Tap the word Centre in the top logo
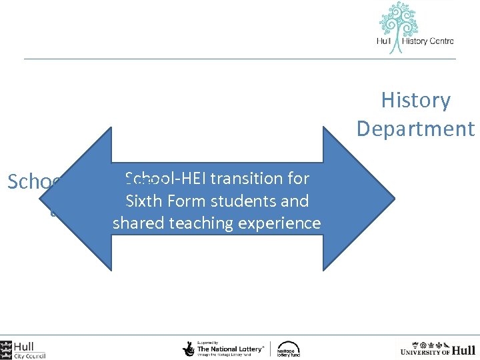click(x=438, y=41)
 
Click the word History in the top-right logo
click(x=413, y=41)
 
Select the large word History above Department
click(x=415, y=100)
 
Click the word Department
click(x=415, y=129)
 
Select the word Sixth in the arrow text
click(x=141, y=201)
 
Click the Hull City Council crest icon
click(x=6, y=349)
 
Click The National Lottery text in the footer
click(x=229, y=349)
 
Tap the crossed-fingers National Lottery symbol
click(x=189, y=349)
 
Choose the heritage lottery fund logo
click(x=289, y=349)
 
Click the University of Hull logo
click(x=437, y=349)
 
